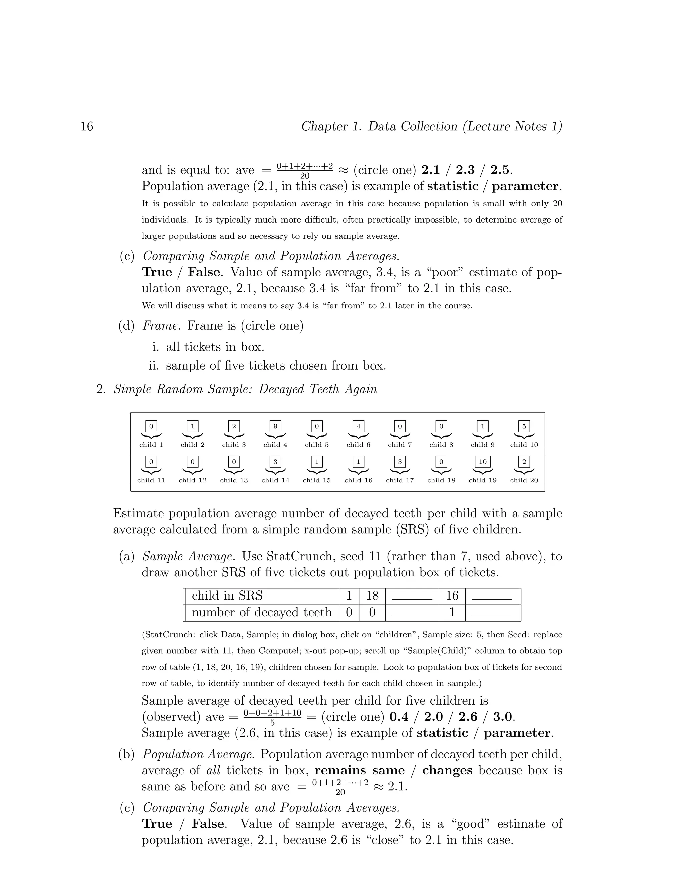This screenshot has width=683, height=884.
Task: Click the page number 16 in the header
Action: point(87,127)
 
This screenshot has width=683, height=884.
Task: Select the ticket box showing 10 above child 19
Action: point(482,461)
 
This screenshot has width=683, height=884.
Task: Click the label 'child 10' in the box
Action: point(524,444)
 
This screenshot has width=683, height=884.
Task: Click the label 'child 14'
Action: point(275,480)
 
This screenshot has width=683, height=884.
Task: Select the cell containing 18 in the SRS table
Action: point(372,596)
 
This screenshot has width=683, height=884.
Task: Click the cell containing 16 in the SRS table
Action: point(452,596)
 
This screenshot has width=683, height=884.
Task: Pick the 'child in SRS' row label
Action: point(227,596)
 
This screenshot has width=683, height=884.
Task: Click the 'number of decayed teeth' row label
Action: point(262,612)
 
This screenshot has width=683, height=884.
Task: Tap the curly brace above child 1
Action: point(151,436)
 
